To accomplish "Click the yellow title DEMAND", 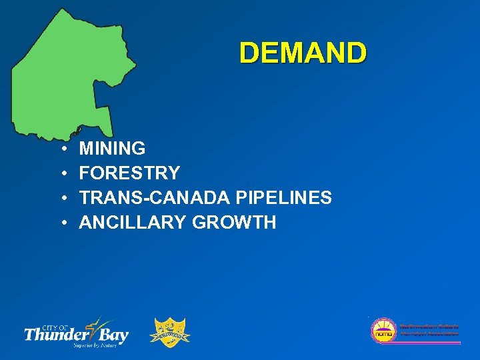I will point(303,53).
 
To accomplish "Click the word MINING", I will point(112,148).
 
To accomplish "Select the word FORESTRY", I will point(129,173).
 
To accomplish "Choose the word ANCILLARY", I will point(133,223).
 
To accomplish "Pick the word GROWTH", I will point(234,223).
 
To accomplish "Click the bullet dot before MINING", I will point(61,149).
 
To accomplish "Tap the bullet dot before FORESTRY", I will point(61,174).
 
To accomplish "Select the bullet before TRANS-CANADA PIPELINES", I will point(61,199).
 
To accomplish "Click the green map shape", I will point(67,73).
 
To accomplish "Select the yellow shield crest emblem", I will point(171,332).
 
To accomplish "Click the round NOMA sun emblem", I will point(383,330).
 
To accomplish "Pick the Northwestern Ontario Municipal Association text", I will point(428,329).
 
